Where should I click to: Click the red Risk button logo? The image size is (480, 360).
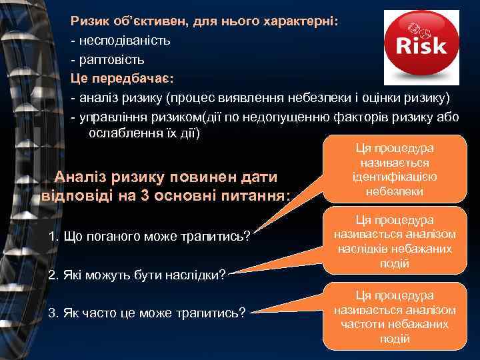(x=421, y=44)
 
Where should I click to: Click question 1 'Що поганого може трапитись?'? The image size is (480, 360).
(x=150, y=237)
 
